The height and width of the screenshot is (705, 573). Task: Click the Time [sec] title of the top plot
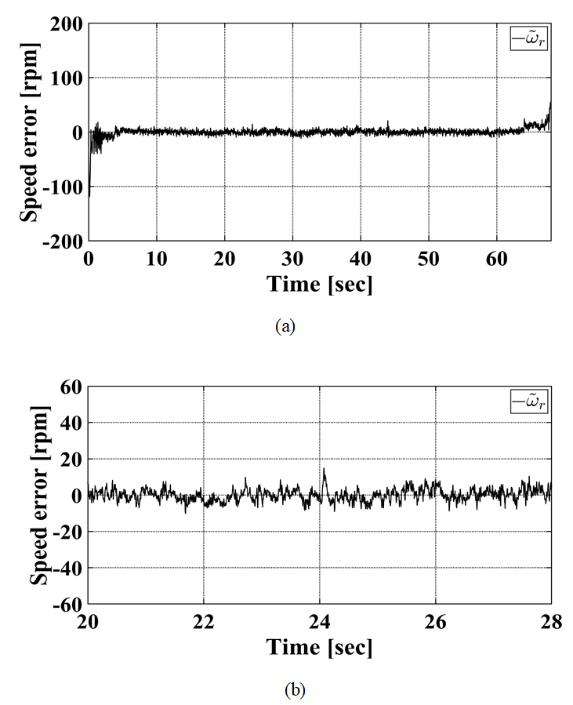pos(319,285)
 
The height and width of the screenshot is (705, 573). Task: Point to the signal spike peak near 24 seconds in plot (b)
pos(324,469)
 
